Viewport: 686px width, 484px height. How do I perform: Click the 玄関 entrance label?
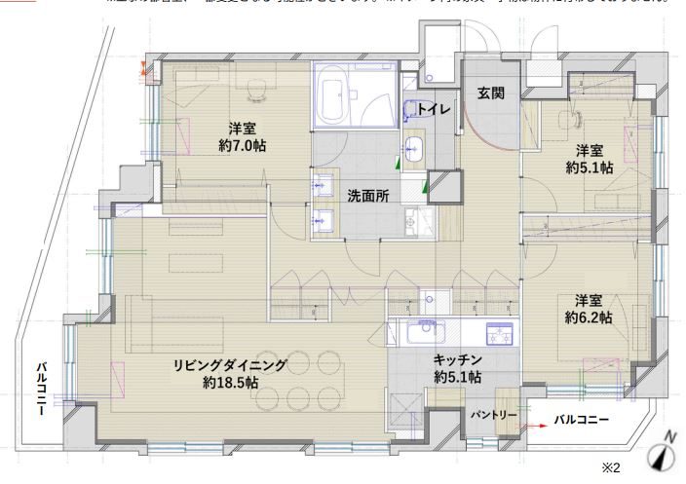[490, 93]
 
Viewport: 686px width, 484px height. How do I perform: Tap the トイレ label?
[434, 110]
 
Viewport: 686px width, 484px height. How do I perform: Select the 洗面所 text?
[368, 196]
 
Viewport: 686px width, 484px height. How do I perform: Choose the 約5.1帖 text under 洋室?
[590, 168]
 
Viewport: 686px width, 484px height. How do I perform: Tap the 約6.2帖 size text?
[589, 317]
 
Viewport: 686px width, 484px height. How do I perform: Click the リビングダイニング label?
[231, 365]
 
